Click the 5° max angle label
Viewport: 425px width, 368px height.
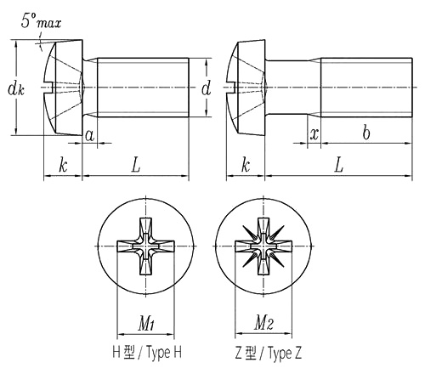tap(41, 20)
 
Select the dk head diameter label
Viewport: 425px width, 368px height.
tap(16, 89)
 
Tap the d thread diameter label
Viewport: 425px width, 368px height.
tap(207, 88)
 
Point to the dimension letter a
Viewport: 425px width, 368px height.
tap(90, 135)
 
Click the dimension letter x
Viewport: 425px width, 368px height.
tap(314, 133)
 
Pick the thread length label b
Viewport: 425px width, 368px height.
tap(366, 132)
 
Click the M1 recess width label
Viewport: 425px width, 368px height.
tap(146, 323)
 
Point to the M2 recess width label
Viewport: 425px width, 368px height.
tap(263, 323)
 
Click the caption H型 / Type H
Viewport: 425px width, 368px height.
tap(147, 353)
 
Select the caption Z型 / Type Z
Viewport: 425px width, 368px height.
tap(268, 353)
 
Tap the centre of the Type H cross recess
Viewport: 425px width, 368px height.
tap(146, 246)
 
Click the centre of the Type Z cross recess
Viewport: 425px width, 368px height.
tap(263, 246)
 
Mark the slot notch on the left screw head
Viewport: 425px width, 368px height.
tap(51, 87)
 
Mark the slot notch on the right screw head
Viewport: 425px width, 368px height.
tap(234, 87)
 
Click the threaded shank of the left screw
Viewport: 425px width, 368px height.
tap(143, 88)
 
